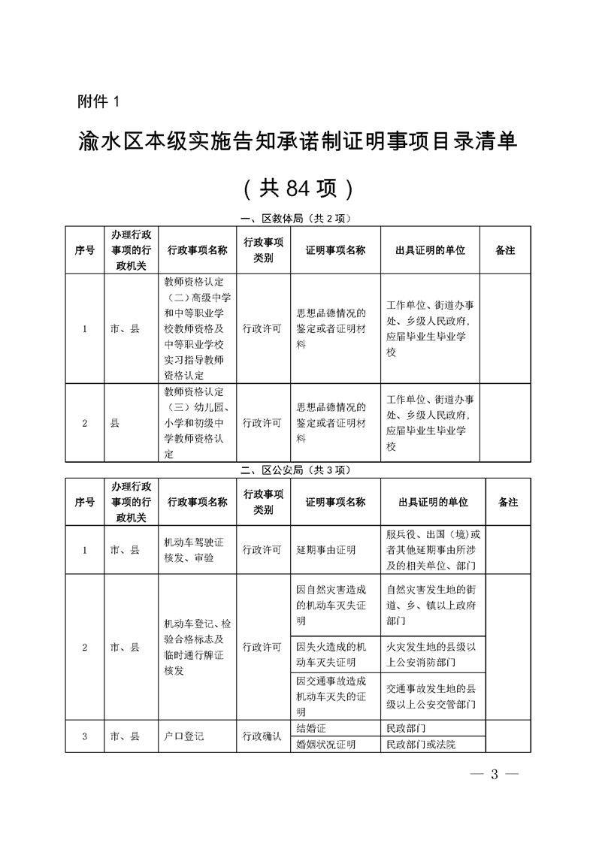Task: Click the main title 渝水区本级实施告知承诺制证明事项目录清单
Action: (298, 141)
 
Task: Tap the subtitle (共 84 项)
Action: (298, 188)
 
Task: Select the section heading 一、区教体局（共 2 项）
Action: (298, 219)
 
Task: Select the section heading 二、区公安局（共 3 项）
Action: (298, 470)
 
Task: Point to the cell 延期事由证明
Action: (326, 550)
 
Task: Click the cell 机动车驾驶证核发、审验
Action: (194, 550)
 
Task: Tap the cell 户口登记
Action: (184, 736)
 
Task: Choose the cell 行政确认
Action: (262, 736)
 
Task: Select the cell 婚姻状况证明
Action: (326, 745)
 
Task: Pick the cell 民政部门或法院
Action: (421, 745)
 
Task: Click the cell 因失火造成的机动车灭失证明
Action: (331, 654)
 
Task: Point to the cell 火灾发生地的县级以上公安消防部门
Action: (431, 654)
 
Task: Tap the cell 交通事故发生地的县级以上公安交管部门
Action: (431, 696)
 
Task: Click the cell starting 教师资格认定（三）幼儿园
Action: (194, 423)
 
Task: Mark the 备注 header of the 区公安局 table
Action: (508, 502)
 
